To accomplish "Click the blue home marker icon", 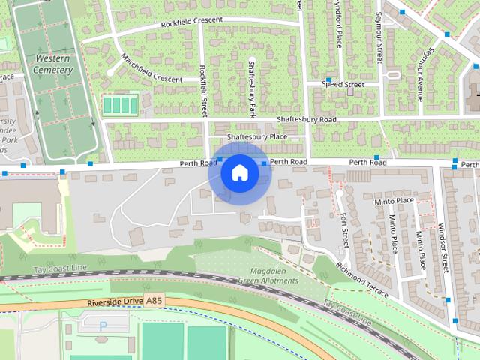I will tap(239, 172).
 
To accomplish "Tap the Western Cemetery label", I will tap(52, 64).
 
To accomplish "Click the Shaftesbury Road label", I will tap(306, 120).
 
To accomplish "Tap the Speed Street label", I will tap(343, 85).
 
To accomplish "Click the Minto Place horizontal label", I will tap(394, 201).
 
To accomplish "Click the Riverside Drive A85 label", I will tap(124, 301).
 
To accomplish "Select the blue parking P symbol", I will tap(103, 326).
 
